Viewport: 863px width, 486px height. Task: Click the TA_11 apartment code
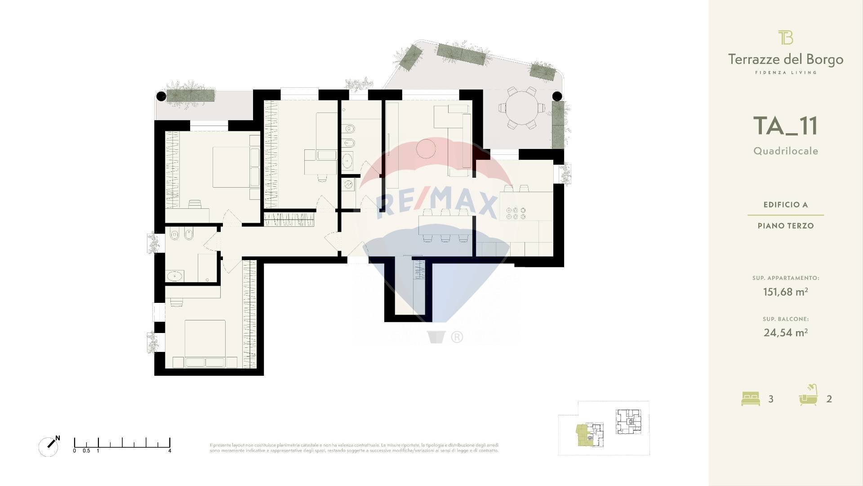click(x=785, y=126)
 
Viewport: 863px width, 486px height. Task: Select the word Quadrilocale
click(x=786, y=151)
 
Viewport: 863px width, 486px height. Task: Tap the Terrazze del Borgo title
click(x=785, y=59)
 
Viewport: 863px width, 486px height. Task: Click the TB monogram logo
click(x=785, y=37)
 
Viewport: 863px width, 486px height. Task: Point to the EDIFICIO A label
click(x=785, y=205)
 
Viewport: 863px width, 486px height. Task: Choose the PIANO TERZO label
click(x=785, y=226)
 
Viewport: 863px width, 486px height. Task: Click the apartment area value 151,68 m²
click(x=785, y=292)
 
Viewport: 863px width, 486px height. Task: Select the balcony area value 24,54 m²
click(x=785, y=333)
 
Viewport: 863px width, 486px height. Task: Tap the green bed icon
click(x=750, y=399)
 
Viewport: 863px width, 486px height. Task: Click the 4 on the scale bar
click(x=169, y=450)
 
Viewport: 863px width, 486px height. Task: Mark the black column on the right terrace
click(x=557, y=95)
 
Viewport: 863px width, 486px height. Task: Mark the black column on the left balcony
click(x=161, y=95)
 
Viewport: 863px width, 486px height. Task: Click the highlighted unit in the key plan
click(x=583, y=435)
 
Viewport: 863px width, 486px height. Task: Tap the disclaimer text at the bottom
click(x=354, y=447)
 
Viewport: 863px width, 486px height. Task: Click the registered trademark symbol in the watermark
click(x=457, y=337)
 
